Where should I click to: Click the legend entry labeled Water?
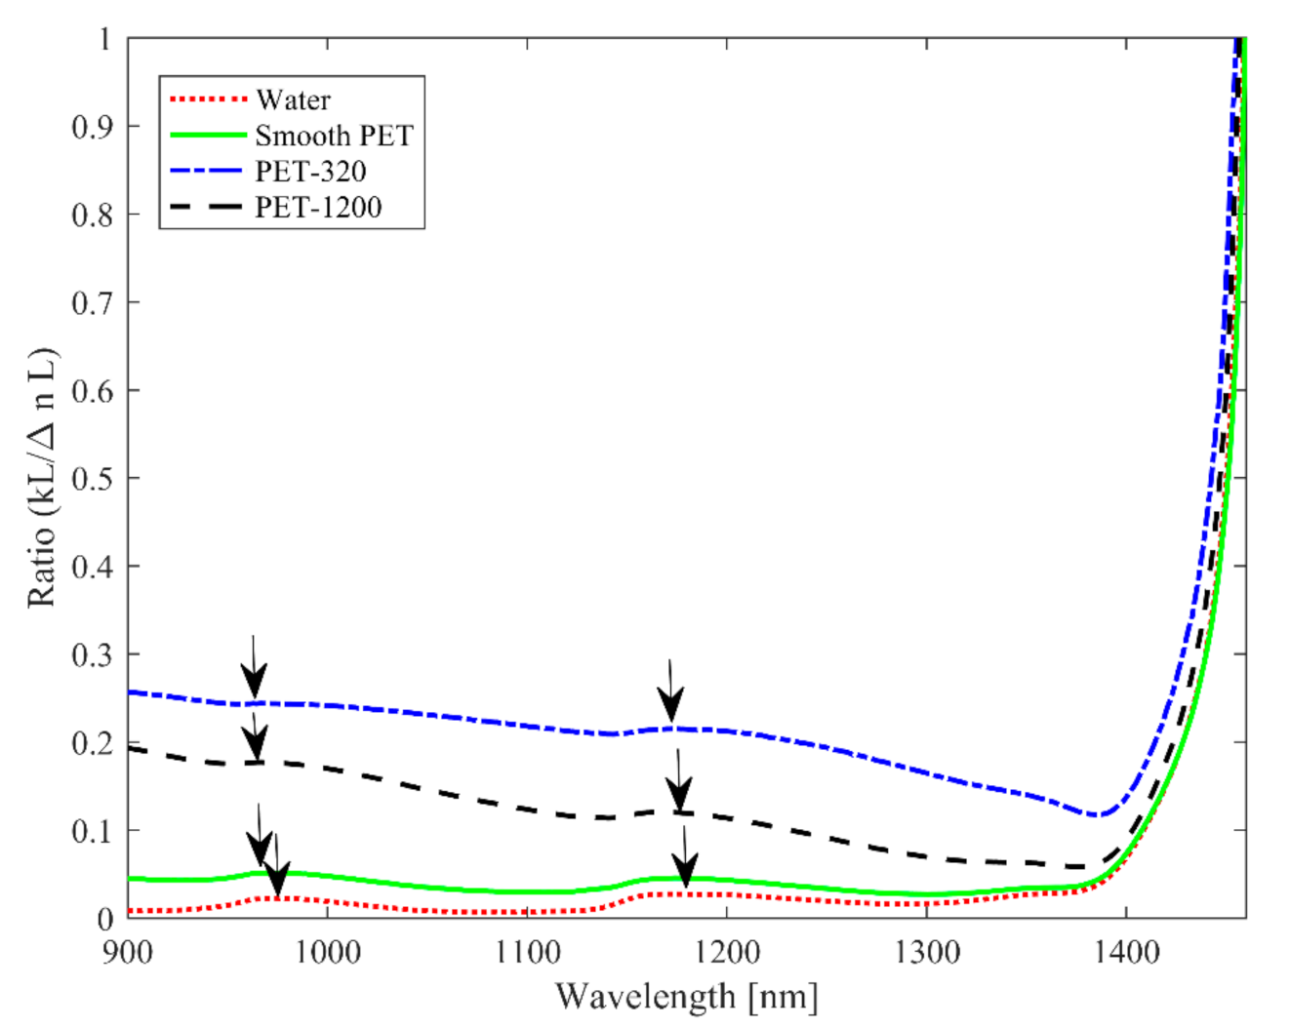293,99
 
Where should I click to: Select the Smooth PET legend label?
334,136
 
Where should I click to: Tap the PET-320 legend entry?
310,172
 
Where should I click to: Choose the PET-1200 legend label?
318,208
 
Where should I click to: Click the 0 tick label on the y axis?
104,919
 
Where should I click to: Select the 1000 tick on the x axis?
327,952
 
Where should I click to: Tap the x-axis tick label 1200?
727,952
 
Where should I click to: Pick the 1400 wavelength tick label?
1126,952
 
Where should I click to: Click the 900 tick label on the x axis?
128,952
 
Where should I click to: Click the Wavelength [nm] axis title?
686,997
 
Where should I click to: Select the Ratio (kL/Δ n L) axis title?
42,478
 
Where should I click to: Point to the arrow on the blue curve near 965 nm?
254,669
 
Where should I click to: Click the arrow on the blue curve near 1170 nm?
670,692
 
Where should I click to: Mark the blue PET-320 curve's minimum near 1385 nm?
1100,814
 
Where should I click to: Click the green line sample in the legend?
208,136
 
